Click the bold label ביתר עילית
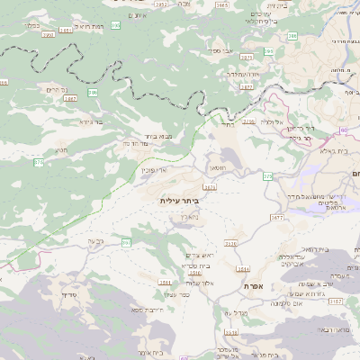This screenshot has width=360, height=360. tap(177, 200)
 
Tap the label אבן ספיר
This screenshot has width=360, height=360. tap(222, 51)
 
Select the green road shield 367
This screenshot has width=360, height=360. tap(127, 243)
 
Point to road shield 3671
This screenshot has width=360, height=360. tap(211, 187)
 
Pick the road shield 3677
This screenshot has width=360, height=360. tap(276, 217)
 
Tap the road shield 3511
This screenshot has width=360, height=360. tap(165, 283)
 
